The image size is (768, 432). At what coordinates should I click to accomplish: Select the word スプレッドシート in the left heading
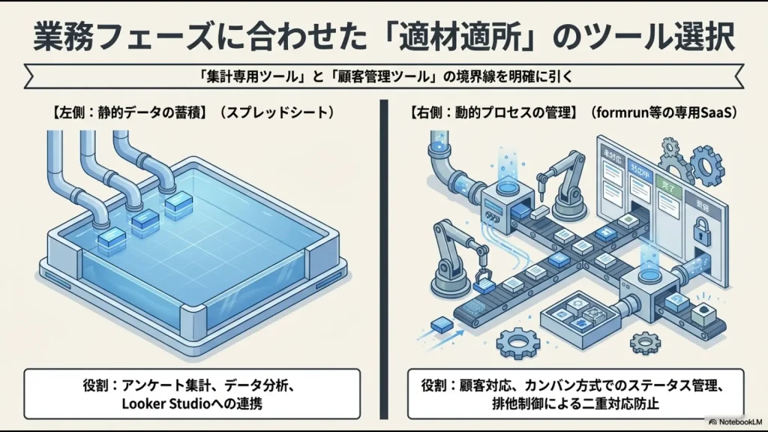(277, 114)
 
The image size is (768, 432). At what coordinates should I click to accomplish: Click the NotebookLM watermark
(734, 422)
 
